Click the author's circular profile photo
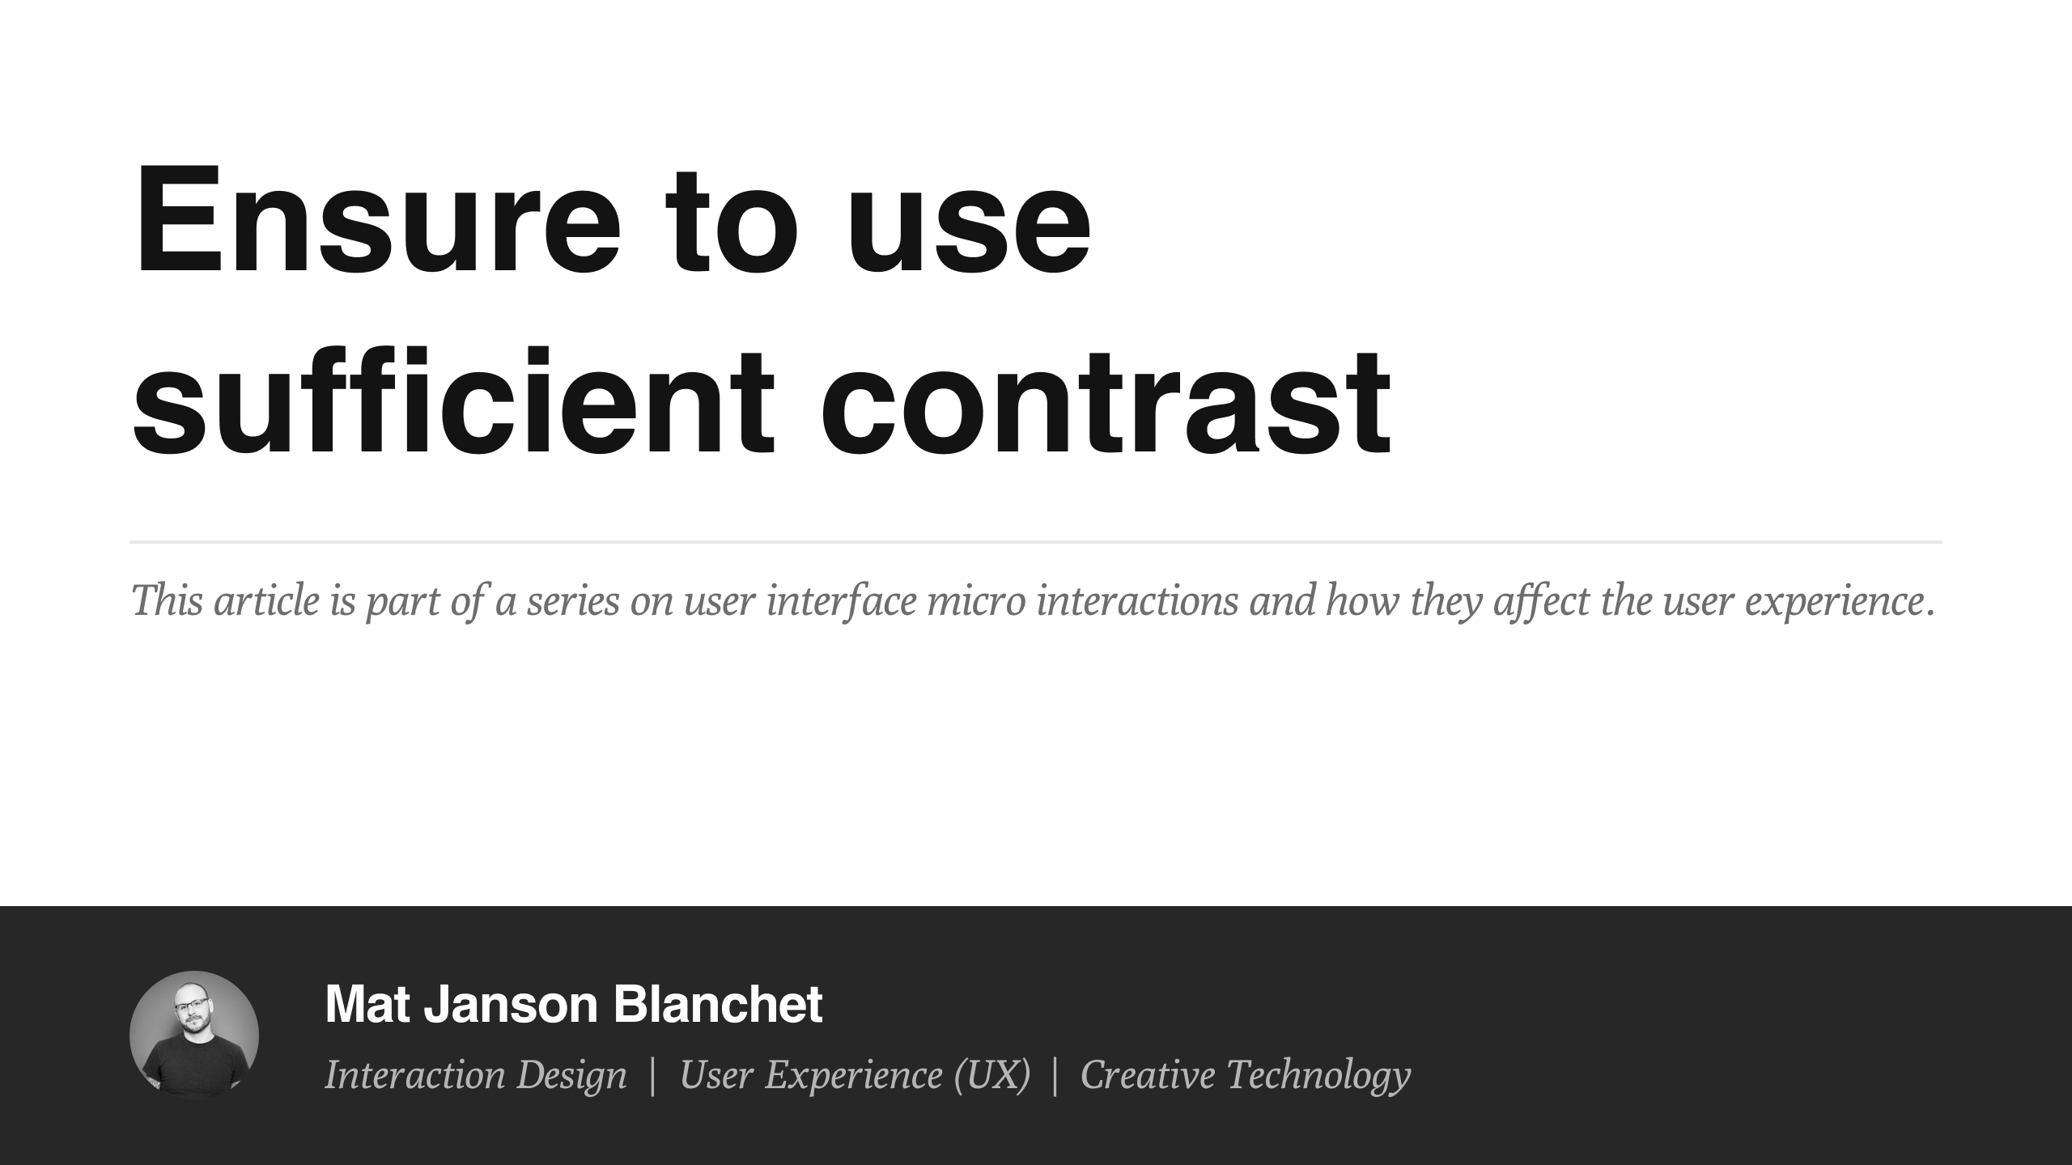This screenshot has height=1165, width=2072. [x=194, y=1035]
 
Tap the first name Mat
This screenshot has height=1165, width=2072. [x=368, y=1004]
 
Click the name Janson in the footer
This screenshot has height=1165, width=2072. [x=511, y=1004]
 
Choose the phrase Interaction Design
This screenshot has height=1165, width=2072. [x=476, y=1075]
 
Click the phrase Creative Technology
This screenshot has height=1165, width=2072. [x=1245, y=1075]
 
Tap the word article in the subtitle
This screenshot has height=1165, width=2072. [x=266, y=601]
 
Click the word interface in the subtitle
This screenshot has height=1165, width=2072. [x=842, y=601]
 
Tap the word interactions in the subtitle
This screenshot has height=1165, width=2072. [x=1137, y=601]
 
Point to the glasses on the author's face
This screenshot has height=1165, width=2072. [x=191, y=1005]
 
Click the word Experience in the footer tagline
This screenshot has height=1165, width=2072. [x=854, y=1075]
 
